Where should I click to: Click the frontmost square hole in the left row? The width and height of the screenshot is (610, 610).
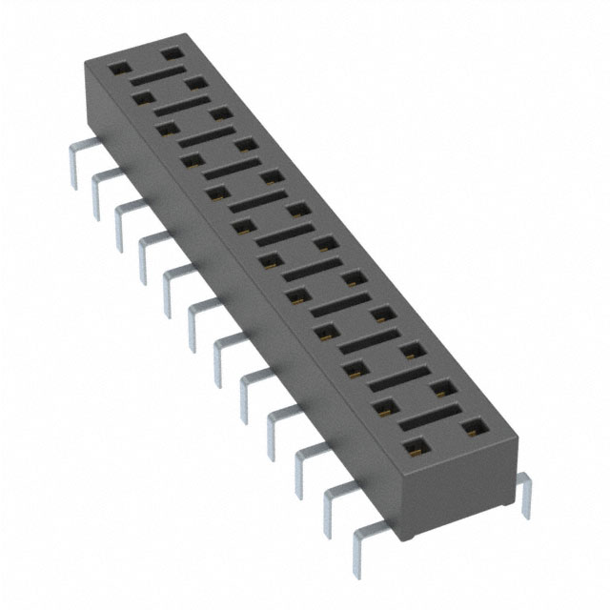pyautogui.click(x=414, y=446)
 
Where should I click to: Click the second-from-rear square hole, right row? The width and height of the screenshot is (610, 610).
pyautogui.click(x=196, y=84)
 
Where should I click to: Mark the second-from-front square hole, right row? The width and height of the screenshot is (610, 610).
pyautogui.click(x=440, y=388)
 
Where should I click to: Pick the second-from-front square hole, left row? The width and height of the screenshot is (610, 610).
pyautogui.click(x=386, y=408)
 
